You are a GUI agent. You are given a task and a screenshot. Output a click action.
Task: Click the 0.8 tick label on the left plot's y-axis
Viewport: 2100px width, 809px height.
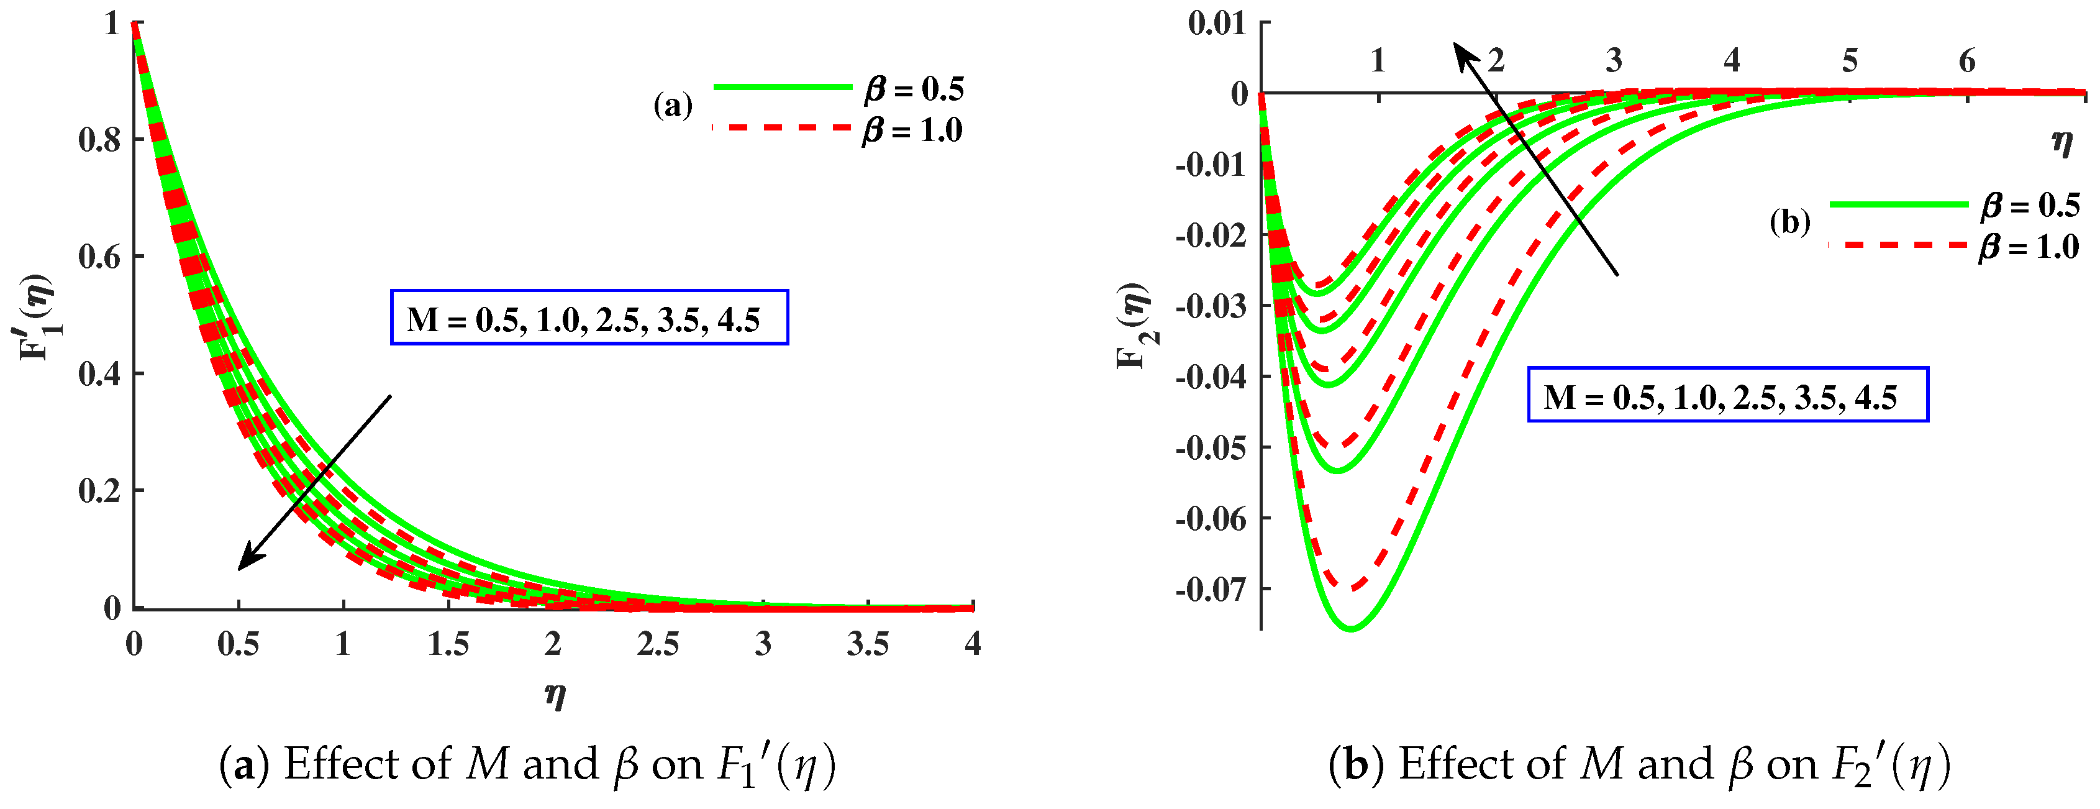pos(99,140)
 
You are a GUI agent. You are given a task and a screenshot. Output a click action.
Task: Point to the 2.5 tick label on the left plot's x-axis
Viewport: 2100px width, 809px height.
pos(657,644)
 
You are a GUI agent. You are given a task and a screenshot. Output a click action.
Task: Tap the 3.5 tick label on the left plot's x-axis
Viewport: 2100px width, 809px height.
pos(867,644)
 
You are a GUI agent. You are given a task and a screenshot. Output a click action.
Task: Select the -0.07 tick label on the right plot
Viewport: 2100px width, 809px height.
pos(1211,589)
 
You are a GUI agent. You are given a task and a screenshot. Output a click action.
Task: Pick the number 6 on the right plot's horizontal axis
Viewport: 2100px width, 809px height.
pos(1967,61)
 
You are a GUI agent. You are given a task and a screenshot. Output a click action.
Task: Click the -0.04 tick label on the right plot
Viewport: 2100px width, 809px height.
pos(1211,377)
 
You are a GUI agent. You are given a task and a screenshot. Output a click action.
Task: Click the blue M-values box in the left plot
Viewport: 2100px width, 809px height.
pos(589,318)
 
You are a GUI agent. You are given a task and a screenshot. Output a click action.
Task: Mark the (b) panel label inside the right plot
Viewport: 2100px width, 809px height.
pos(1789,222)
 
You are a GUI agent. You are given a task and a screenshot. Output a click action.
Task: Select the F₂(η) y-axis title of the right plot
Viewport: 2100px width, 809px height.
pos(1133,326)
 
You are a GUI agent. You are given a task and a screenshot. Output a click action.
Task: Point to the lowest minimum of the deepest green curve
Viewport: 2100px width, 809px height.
pos(1352,628)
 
